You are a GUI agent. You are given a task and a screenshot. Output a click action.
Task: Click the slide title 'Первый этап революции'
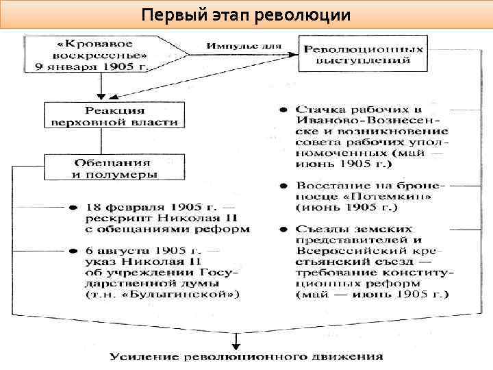coord(246,14)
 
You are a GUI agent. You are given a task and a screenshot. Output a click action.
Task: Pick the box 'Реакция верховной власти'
coord(114,116)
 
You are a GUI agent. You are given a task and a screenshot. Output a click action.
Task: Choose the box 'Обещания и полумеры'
coord(114,168)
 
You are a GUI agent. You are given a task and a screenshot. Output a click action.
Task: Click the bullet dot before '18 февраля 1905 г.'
coord(72,206)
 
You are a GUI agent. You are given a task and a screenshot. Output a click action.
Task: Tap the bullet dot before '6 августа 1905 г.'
coord(72,251)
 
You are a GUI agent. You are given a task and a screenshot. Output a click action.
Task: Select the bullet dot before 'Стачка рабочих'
coord(282,110)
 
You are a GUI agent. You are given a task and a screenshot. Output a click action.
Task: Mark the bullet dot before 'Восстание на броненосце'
coord(282,185)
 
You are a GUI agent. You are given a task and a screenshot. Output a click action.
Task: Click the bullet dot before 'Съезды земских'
coord(282,229)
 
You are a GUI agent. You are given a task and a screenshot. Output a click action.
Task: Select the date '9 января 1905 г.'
coord(95,66)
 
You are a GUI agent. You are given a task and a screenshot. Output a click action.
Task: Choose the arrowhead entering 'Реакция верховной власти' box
coord(101,98)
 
